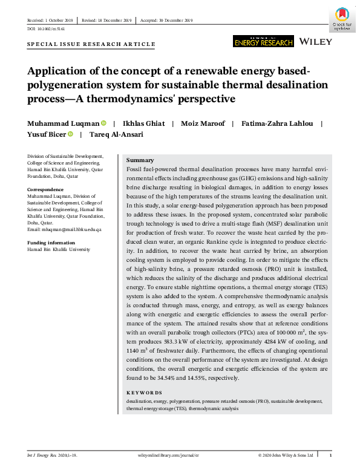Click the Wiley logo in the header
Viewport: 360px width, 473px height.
pyautogui.click(x=316, y=41)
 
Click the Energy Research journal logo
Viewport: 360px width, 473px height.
pyautogui.click(x=263, y=41)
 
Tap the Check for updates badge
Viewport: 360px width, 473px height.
pyautogui.click(x=343, y=18)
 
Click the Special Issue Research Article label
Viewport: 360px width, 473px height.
pyautogui.click(x=91, y=44)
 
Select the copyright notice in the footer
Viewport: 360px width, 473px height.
pyautogui.click(x=286, y=454)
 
